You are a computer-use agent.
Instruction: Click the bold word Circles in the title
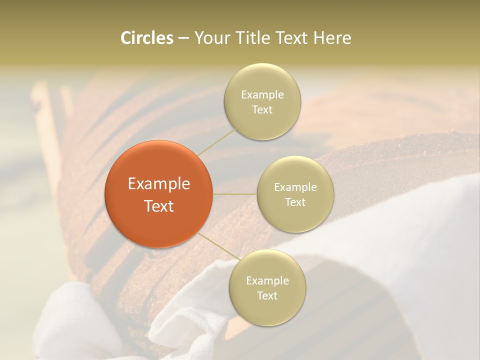146,38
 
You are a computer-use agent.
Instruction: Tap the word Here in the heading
332,38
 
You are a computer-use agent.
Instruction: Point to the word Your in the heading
210,38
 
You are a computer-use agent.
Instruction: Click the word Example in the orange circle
158,184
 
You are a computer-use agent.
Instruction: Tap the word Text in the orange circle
158,206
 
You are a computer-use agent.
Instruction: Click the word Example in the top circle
262,95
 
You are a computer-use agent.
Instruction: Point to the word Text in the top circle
262,109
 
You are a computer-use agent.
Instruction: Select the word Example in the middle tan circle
295,187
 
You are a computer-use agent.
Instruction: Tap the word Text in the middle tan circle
295,202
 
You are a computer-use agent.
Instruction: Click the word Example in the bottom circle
267,281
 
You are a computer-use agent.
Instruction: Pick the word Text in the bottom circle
267,295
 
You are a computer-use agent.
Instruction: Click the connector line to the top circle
216,141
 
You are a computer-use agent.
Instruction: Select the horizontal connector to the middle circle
235,194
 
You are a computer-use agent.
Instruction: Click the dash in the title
183,38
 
